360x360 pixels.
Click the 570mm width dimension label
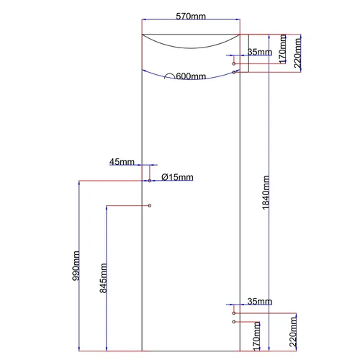tap(191, 17)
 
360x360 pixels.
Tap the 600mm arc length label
tap(191, 76)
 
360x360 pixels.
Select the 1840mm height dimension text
tap(266, 192)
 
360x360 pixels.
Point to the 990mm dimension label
tap(76, 266)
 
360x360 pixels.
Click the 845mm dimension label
tap(103, 278)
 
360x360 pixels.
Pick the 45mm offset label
tap(122, 162)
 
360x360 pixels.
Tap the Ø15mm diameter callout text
tap(177, 177)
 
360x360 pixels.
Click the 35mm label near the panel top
tap(260, 52)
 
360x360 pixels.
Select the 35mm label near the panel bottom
tap(260, 301)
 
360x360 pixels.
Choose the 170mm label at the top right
tap(282, 49)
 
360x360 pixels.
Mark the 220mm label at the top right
tap(297, 53)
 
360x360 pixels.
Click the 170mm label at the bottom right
tap(256, 336)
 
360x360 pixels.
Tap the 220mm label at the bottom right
tap(293, 332)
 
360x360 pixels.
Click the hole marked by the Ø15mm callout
tap(150, 181)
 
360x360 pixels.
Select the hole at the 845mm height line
tap(150, 206)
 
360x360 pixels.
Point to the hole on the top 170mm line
tap(234, 63)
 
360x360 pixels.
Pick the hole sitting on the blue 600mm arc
tap(234, 72)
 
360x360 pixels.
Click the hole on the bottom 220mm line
tap(234, 313)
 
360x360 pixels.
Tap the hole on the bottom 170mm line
tap(234, 322)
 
